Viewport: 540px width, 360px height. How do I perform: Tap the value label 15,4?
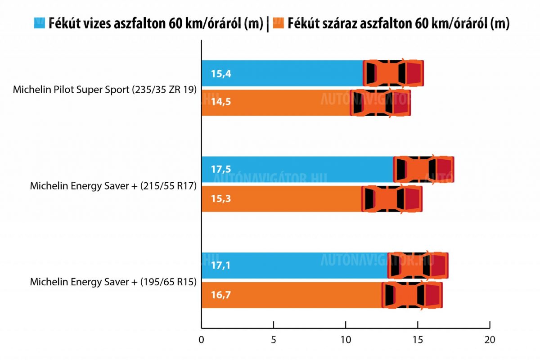[220, 73]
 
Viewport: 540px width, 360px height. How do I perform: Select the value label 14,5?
[220, 103]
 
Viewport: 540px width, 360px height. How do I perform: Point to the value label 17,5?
[220, 170]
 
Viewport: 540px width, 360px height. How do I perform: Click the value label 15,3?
[220, 199]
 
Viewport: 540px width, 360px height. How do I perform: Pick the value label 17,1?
[220, 265]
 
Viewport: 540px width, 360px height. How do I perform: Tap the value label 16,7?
[220, 295]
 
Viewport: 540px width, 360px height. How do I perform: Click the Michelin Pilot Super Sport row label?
[105, 90]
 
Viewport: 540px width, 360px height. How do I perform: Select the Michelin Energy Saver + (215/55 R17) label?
[113, 185]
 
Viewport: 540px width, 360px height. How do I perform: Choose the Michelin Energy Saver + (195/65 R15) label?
[113, 282]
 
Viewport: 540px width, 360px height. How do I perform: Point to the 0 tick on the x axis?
[201, 340]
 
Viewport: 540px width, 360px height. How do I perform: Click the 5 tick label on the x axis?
[273, 340]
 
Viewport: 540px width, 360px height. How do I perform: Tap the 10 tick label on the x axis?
[345, 340]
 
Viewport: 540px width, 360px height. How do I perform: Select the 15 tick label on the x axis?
[417, 340]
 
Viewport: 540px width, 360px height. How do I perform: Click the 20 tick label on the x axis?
[489, 340]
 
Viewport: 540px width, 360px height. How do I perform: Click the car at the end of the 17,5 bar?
[423, 170]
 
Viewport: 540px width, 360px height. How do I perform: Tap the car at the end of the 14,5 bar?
[380, 103]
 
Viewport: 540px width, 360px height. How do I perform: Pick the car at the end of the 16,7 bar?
[412, 295]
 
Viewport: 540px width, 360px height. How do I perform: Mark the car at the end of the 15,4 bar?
[393, 73]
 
